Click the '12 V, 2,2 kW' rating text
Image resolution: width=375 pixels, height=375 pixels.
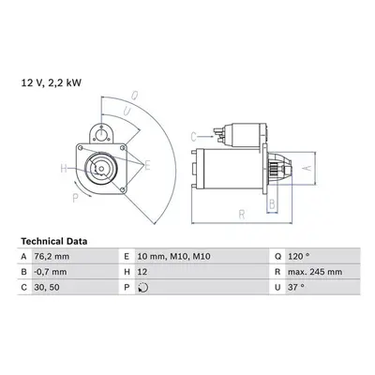pos(52,82)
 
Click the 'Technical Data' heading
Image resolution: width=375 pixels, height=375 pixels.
pos(54,241)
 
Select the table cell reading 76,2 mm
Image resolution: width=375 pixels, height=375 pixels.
pos(52,257)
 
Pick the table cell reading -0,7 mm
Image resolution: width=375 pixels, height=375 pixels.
pos(51,272)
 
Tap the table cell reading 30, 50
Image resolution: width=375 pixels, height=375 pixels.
pos(47,287)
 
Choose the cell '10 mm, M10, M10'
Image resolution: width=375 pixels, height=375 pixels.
pos(173,257)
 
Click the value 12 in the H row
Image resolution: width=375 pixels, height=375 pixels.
pos(142,272)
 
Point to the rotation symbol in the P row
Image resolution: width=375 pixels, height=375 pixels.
pos(143,288)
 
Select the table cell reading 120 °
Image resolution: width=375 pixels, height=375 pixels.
pos(299,257)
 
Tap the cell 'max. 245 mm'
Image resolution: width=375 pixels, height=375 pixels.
pos(315,272)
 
